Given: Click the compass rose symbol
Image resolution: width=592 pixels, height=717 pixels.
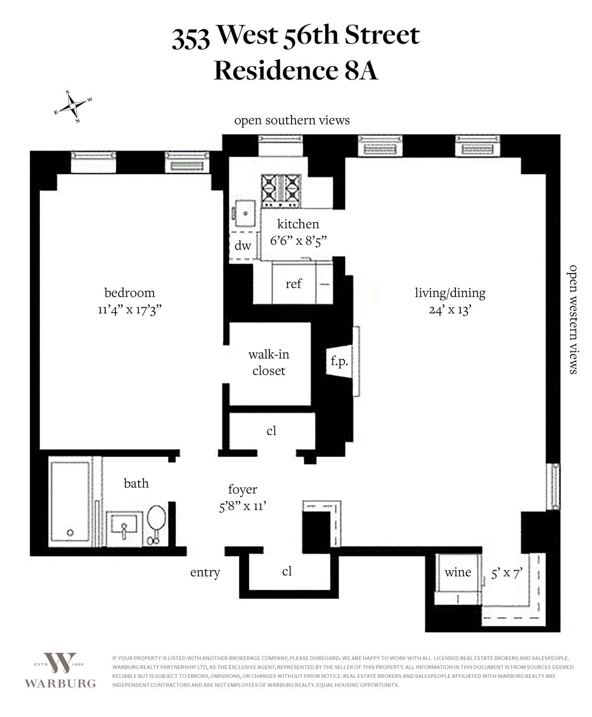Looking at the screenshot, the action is point(73,106).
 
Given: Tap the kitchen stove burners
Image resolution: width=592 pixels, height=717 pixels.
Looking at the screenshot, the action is point(281,191).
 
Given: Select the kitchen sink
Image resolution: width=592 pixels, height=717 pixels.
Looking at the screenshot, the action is point(245,213).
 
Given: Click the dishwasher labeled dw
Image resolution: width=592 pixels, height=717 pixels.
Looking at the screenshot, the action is point(243,246).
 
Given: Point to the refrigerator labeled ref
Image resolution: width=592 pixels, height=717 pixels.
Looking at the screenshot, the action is point(294,283).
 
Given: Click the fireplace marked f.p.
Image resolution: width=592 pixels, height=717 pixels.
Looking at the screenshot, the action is point(339,361).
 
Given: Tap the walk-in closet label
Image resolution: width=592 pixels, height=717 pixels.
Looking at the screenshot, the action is point(269,362).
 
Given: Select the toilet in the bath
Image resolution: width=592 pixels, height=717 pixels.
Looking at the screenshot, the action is point(156,524).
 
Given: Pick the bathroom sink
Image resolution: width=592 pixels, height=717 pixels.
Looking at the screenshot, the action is point(124,528).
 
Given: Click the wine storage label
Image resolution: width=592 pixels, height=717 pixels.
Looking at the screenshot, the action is point(458,573).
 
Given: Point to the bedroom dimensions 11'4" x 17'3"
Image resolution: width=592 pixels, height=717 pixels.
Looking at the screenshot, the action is point(130,310).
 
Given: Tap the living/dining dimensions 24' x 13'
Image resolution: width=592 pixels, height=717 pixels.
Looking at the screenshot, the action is point(449,310).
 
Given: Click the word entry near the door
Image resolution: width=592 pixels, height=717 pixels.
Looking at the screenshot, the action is point(205,573).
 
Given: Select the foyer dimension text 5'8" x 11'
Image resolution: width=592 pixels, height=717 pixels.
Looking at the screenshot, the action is point(243,506).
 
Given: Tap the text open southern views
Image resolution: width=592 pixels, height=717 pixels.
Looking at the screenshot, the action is point(292,120).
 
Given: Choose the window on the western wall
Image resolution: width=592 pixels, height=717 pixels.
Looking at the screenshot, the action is point(553,486).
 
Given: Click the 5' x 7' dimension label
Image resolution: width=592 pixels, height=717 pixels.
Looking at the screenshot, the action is point(507,573).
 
